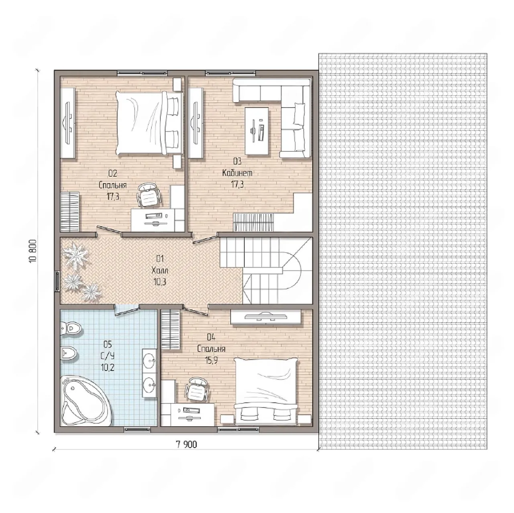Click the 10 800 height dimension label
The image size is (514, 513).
33,251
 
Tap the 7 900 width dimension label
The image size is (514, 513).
186,444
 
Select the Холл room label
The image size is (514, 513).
159,271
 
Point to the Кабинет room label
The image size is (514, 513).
237,173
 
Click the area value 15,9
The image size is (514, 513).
211,360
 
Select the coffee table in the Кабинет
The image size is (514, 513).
257,130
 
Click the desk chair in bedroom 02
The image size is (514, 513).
149,196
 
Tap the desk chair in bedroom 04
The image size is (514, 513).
197,390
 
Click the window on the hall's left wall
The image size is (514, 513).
57,280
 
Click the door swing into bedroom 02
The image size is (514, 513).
108,230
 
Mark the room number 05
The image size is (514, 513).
108,344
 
